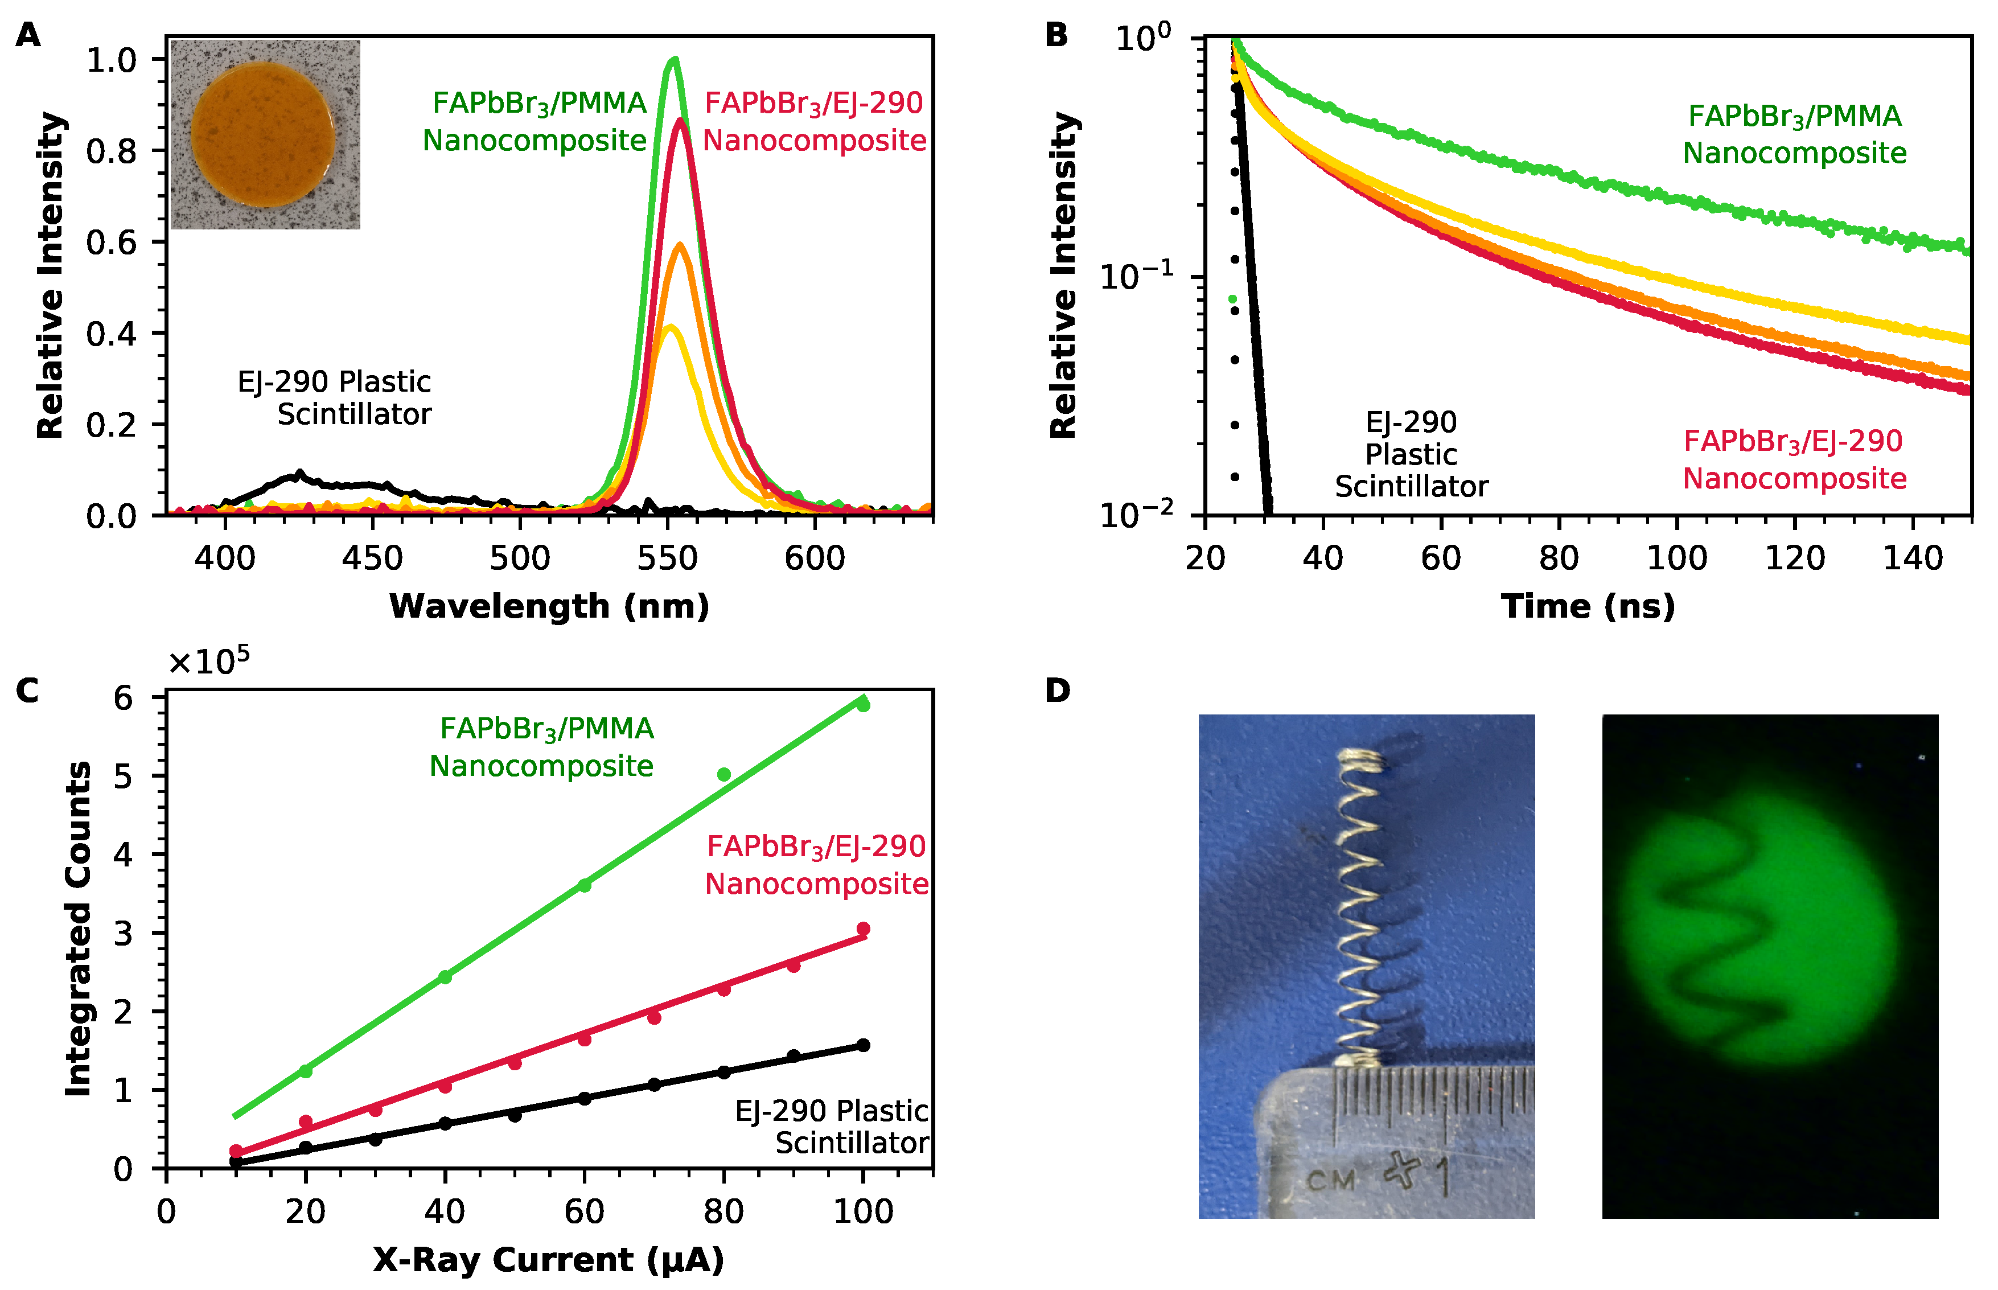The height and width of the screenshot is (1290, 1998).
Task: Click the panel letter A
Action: pyautogui.click(x=28, y=35)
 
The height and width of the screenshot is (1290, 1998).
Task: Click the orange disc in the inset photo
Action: pyautogui.click(x=263, y=134)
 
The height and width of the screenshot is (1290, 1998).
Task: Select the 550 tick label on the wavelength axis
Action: pyautogui.click(x=667, y=558)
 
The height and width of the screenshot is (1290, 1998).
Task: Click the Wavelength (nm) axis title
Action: pyautogui.click(x=549, y=606)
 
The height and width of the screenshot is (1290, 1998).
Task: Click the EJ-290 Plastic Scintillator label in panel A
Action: pyautogui.click(x=335, y=398)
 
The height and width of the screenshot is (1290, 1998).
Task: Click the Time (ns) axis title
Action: pyautogui.click(x=1588, y=606)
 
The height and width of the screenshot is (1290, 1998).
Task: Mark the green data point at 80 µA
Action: pyautogui.click(x=724, y=775)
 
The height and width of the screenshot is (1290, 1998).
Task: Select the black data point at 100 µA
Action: pyautogui.click(x=864, y=1045)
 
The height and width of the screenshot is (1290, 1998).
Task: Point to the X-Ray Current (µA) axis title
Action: pyautogui.click(x=549, y=1260)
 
